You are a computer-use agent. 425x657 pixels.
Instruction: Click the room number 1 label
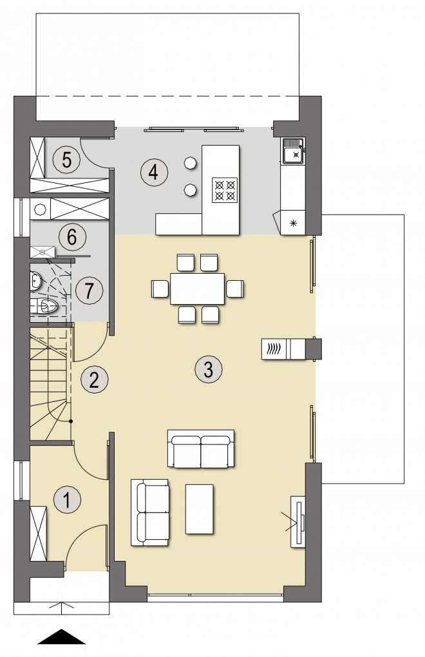coord(67,499)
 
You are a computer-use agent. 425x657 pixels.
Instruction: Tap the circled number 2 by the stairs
coord(94,379)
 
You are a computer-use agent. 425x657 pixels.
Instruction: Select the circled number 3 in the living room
coord(209,370)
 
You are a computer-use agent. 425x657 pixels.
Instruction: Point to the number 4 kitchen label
coord(154,172)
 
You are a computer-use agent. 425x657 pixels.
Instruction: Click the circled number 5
coord(66,160)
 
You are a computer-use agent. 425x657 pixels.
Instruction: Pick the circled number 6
coord(72,237)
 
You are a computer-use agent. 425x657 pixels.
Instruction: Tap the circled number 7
coord(89,290)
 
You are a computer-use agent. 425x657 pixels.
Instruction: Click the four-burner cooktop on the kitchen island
coord(225,190)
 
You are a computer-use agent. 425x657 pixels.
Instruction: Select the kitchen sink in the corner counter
coord(294,151)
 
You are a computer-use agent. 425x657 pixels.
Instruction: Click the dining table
coord(198,289)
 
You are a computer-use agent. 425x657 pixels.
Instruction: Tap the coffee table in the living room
coord(200,509)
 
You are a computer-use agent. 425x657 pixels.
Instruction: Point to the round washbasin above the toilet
coord(35,281)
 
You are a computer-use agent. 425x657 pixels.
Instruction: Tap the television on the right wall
coord(299,521)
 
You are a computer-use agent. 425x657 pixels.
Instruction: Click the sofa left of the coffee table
coord(150,513)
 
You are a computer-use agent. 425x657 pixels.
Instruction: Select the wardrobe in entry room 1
coord(39,533)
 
